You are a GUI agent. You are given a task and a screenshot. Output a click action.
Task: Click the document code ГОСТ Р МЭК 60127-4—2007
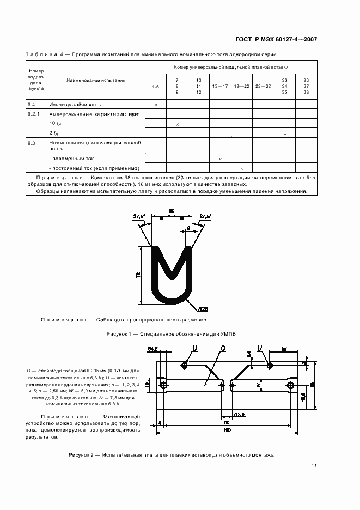point(276,39)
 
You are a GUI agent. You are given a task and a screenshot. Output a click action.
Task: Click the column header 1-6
point(156,87)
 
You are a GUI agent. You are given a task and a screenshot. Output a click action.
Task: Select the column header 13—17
point(220,87)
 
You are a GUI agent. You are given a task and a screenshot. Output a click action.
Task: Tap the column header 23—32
point(263,87)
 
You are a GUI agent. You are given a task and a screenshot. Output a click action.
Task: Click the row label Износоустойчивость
point(75,104)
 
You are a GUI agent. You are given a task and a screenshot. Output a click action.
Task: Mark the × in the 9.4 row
point(156,104)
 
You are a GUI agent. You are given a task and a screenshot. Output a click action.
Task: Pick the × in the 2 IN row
point(285,133)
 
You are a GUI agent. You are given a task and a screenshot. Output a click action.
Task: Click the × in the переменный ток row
point(220,159)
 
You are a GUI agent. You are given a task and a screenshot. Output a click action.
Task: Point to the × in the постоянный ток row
point(242,168)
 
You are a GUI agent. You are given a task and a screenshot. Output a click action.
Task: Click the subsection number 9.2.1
point(34,114)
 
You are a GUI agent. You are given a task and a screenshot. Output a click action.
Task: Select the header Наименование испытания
point(96,80)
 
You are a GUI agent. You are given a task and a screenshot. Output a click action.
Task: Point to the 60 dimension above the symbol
point(171,210)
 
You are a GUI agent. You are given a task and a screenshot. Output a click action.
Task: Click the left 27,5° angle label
point(139,216)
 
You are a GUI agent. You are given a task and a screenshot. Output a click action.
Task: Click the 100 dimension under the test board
point(227,430)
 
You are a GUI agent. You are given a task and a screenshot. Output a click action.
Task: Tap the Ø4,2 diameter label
point(152,349)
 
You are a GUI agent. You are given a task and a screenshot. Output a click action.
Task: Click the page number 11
point(314,465)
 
